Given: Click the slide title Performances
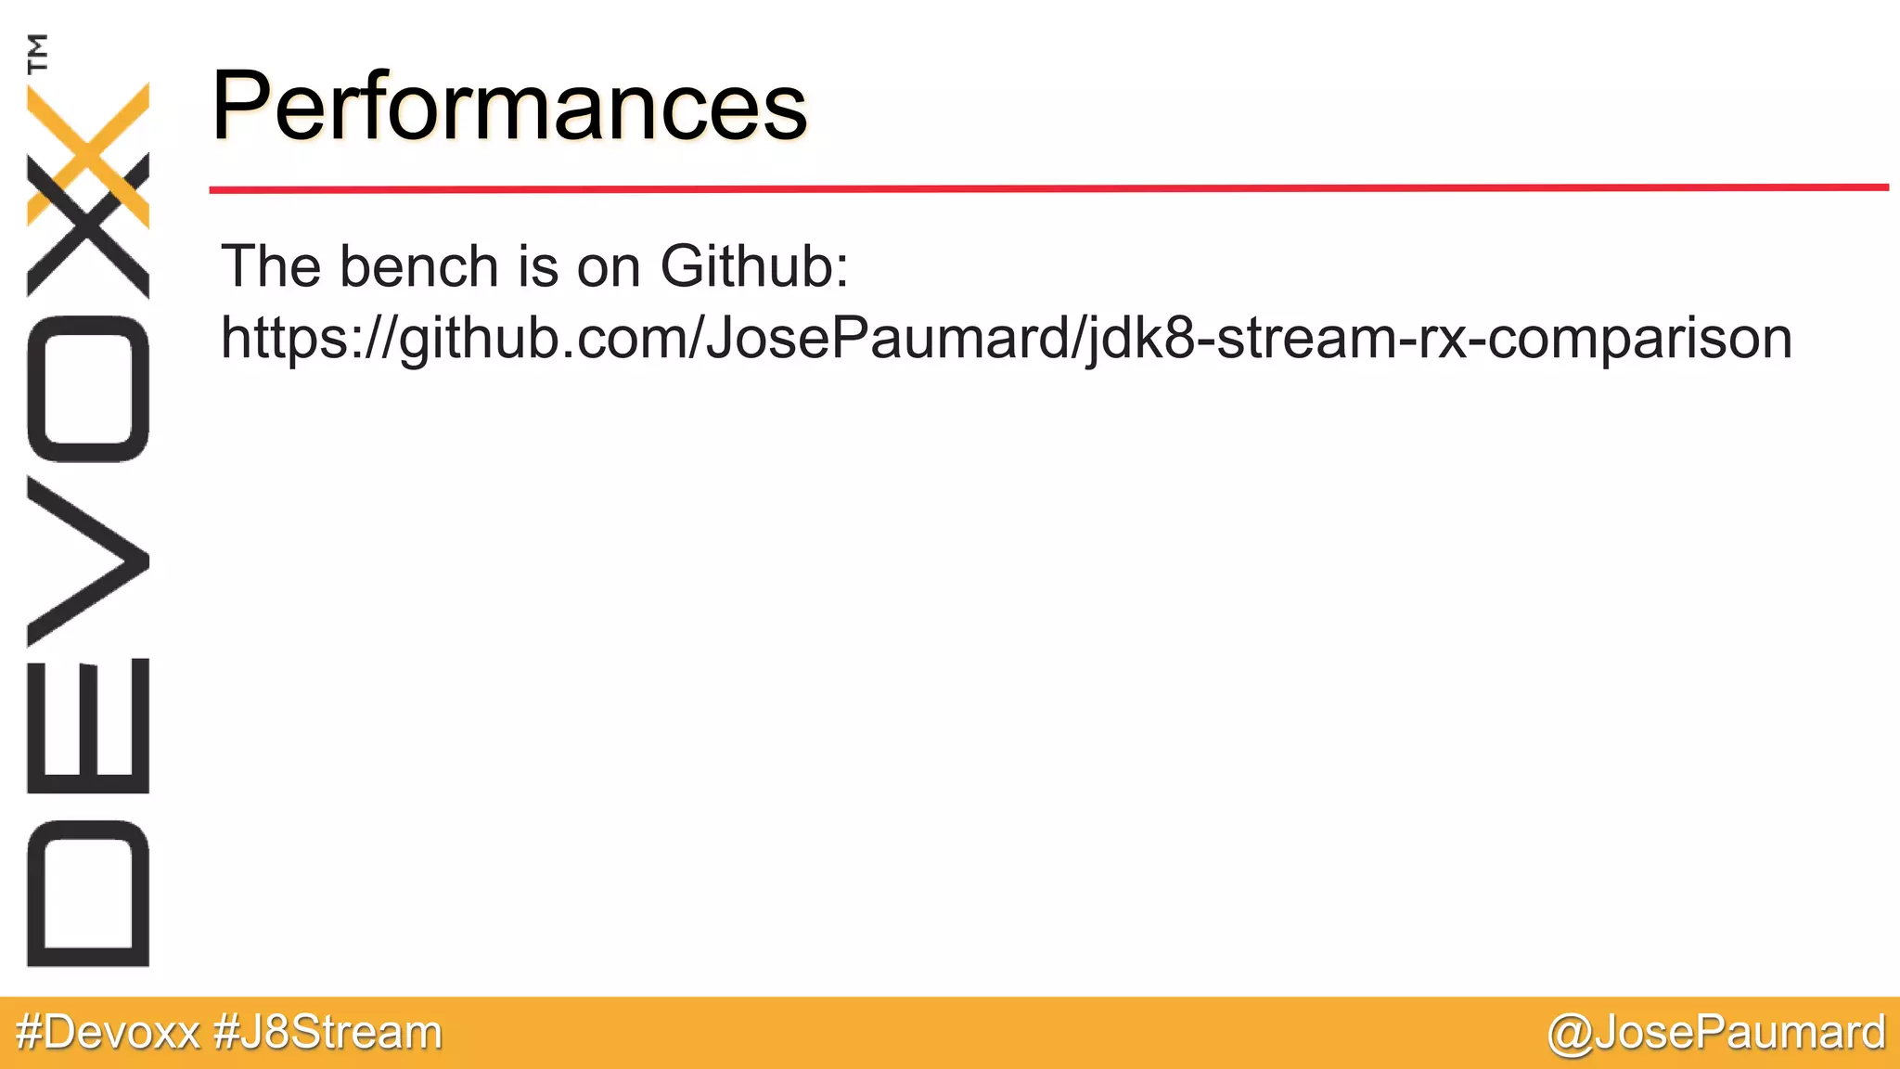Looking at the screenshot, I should coord(509,106).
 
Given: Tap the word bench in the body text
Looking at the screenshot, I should coord(419,266).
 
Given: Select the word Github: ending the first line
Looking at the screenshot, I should coord(753,266).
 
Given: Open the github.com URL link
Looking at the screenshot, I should coord(1006,339).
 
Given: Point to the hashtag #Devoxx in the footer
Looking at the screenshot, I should coord(108,1032).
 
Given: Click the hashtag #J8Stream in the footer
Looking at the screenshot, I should coord(327,1032).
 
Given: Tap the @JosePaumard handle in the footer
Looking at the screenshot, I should coord(1715,1032).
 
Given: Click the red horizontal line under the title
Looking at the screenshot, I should coord(1048,188).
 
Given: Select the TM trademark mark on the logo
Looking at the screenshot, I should coord(38,53).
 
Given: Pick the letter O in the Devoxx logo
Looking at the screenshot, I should coord(88,389).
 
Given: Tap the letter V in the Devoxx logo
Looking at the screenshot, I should coord(88,562).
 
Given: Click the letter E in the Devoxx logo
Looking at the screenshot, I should coord(88,726).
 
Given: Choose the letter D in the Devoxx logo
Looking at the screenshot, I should coord(88,894).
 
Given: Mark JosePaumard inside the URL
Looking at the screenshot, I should coord(888,339).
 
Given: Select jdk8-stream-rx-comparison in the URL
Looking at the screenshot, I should coord(1438,339).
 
